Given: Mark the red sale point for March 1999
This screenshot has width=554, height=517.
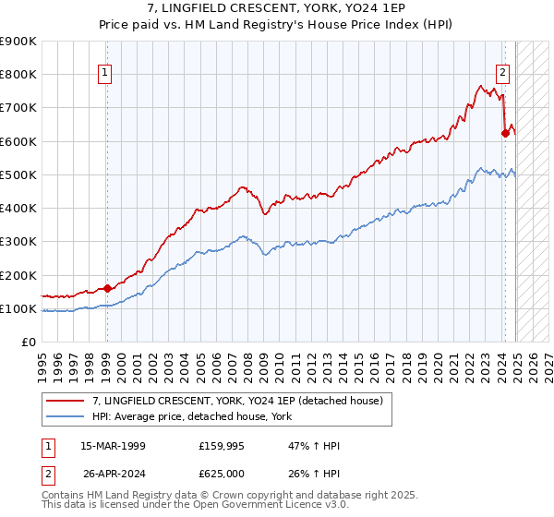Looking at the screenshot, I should pyautogui.click(x=107, y=288).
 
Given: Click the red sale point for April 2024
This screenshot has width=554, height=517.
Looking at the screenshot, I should pyautogui.click(x=505, y=133).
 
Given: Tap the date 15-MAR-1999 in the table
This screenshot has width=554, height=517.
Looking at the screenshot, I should pyautogui.click(x=113, y=446).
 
